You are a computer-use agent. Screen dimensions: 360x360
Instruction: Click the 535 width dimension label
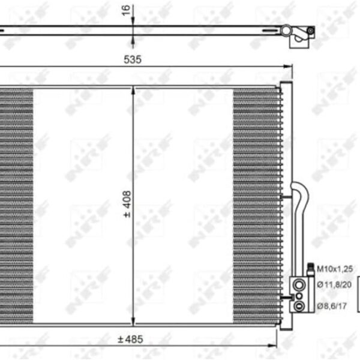(133, 59)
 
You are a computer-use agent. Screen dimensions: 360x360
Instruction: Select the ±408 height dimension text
(127, 204)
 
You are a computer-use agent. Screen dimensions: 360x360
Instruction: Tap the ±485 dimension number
(130, 340)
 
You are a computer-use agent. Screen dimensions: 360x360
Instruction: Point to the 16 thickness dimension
(126, 10)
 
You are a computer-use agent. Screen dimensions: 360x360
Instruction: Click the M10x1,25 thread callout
(335, 269)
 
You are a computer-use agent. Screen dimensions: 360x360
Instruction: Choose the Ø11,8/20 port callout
(334, 284)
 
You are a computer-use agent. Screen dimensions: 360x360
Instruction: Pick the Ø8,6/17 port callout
(332, 306)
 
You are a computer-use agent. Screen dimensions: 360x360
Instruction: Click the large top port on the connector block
(299, 285)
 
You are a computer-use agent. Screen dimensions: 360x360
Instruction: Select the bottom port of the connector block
(299, 306)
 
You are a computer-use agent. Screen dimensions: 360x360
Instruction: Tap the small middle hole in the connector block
(299, 296)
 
